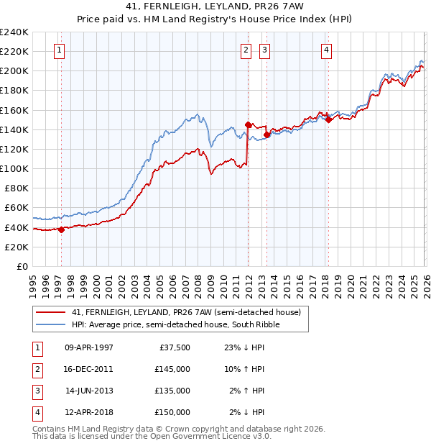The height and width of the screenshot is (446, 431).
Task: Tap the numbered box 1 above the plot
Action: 58,50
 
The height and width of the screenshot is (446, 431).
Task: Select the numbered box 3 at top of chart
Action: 264,50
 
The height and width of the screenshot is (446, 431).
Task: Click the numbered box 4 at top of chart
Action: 326,50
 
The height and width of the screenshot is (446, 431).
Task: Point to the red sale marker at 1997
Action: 61,230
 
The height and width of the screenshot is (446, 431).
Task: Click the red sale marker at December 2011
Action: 248,124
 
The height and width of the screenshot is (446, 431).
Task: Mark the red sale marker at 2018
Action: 328,120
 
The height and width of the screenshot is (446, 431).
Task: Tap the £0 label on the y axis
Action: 22,266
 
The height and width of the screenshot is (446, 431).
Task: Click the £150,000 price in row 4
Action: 172,412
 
